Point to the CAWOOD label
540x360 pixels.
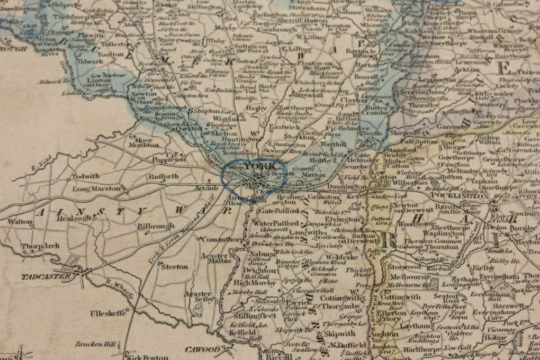pyautogui.click(x=202, y=349)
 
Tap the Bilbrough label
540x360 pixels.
pyautogui.click(x=156, y=226)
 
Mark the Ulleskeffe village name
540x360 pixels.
pyautogui.click(x=109, y=313)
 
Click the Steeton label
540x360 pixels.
pyautogui.click(x=175, y=266)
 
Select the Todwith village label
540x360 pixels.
pyautogui.click(x=86, y=176)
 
